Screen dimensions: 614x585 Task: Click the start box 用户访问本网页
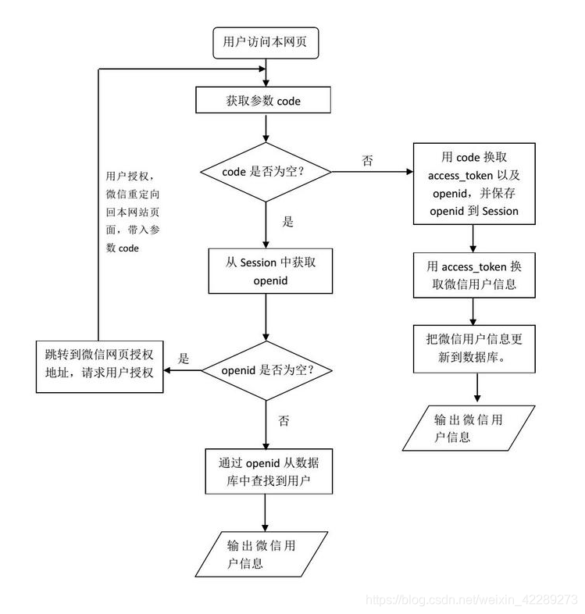pos(266,43)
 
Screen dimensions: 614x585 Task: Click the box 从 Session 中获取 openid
pos(266,271)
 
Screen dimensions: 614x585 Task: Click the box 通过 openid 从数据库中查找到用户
pos(266,471)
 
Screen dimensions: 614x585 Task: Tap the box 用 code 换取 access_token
pos(474,184)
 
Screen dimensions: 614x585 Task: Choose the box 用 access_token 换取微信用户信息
pos(474,275)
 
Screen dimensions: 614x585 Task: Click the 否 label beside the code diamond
pos(368,160)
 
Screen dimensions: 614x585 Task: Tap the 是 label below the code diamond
pos(287,221)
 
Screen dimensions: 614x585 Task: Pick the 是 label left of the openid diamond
pos(184,359)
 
